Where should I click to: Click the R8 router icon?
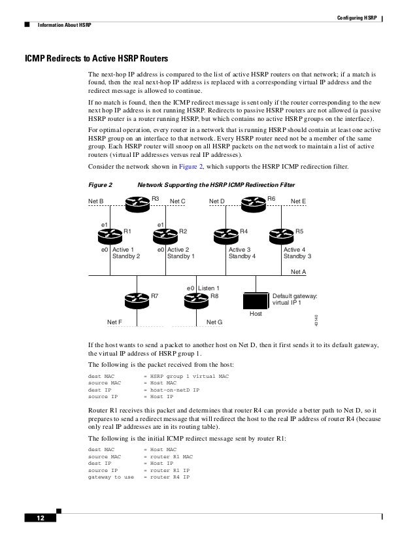[x=196, y=299]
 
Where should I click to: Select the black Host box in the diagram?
[x=255, y=300]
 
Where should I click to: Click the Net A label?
[x=298, y=270]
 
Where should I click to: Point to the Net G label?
[x=214, y=322]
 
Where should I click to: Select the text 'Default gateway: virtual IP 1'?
[x=295, y=299]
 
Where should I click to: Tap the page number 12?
[x=39, y=518]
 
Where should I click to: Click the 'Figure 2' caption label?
[x=101, y=184]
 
